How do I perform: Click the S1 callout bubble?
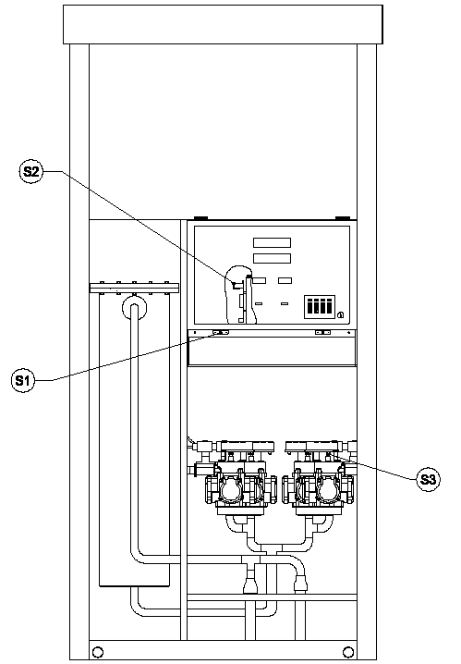click(23, 380)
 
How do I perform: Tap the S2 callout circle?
click(30, 171)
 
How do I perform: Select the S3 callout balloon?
click(428, 479)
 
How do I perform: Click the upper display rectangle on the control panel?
click(272, 242)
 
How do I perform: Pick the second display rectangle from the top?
click(272, 258)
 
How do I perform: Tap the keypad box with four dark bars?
click(320, 307)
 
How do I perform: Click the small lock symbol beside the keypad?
click(341, 314)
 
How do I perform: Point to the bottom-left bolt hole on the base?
click(98, 651)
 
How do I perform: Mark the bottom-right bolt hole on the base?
click(348, 651)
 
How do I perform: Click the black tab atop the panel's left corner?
click(200, 218)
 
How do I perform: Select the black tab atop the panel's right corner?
click(343, 218)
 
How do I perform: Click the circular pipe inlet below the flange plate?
click(134, 308)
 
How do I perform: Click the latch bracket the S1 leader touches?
click(221, 333)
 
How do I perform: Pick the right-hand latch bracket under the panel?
click(323, 333)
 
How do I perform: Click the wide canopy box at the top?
click(223, 25)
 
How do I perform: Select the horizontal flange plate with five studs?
click(134, 289)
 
